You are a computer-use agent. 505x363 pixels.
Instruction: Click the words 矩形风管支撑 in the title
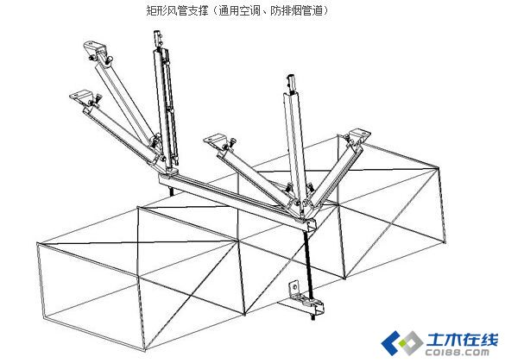[x=177, y=10]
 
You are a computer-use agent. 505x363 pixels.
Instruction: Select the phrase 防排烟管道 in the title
[x=296, y=10]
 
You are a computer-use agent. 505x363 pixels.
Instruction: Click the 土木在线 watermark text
[x=463, y=339]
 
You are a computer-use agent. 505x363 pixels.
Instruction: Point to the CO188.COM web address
[x=458, y=352]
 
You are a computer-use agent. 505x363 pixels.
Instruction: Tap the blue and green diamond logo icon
[x=401, y=342]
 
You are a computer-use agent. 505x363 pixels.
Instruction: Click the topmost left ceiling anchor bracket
[x=95, y=47]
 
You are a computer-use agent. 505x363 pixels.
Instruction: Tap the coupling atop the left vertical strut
[x=157, y=38]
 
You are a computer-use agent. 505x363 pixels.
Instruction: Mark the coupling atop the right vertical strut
[x=291, y=82]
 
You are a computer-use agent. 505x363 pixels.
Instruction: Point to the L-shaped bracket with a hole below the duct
[x=295, y=291]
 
